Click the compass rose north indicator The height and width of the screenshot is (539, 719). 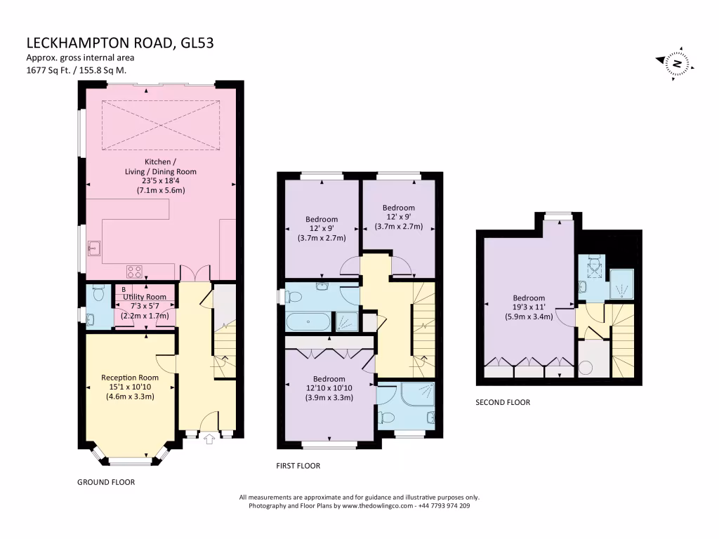pyautogui.click(x=677, y=63)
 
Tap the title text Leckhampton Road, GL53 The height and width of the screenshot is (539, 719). pyautogui.click(x=119, y=43)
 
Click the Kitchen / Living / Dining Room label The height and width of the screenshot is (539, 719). pyautogui.click(x=161, y=175)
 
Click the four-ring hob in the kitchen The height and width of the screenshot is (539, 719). pyautogui.click(x=135, y=271)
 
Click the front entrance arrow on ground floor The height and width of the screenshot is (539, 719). pyautogui.click(x=209, y=439)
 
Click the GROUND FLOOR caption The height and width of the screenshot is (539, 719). pyautogui.click(x=106, y=482)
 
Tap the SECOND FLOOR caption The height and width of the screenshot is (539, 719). pyautogui.click(x=503, y=403)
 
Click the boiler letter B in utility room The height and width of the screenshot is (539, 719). pyautogui.click(x=124, y=289)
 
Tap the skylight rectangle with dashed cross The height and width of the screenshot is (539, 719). pyautogui.click(x=161, y=125)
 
